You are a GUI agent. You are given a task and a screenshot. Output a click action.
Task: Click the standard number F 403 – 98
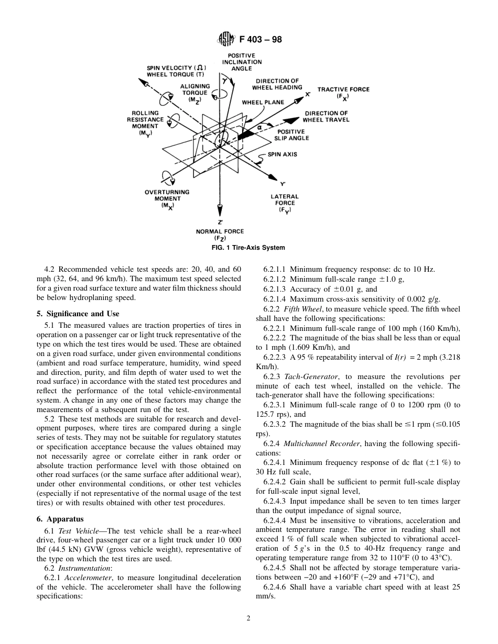coord(260,39)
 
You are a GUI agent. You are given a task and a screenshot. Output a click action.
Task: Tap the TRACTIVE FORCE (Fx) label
coord(343,93)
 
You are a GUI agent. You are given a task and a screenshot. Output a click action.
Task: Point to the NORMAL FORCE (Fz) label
coord(220,235)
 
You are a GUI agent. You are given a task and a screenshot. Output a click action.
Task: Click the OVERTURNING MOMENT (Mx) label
coord(167,198)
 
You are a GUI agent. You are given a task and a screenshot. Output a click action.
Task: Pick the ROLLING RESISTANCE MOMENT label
coord(145,123)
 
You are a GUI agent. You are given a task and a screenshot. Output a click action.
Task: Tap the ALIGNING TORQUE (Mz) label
coord(195,93)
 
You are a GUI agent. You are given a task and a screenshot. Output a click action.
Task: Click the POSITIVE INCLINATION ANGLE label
coord(241,62)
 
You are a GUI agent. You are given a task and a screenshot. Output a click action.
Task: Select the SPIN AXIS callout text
coord(283,154)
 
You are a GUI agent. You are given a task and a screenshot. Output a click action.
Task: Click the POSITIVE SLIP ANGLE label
coord(291,135)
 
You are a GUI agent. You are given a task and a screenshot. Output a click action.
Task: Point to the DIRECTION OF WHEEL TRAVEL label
coord(326,116)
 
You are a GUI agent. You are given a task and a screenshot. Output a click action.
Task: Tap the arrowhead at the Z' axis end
coord(220,209)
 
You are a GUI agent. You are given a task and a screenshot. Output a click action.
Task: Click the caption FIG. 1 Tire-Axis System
coord(249,248)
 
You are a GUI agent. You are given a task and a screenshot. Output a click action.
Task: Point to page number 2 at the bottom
coord(249,618)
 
